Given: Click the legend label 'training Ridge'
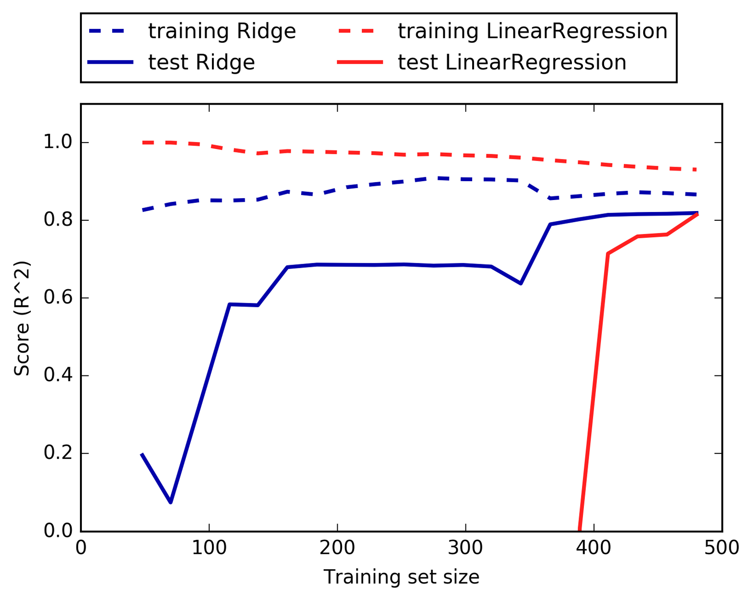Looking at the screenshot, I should click(222, 32).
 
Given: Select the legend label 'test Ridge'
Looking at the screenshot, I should click(201, 63).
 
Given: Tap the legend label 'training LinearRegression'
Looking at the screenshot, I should click(532, 32).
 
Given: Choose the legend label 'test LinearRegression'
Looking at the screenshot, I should click(512, 63).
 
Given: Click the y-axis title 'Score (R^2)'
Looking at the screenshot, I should click(22, 318).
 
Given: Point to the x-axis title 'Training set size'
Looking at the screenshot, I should click(401, 577).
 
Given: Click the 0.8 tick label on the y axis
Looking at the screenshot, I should click(57, 221).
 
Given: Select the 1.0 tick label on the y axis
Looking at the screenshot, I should click(57, 143).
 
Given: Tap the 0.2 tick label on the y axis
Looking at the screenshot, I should click(57, 454).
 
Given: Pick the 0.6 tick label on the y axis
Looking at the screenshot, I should click(57, 298).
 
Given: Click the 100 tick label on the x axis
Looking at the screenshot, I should click(209, 548).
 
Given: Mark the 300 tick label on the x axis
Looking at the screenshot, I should click(465, 548).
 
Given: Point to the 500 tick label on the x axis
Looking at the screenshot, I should click(722, 548).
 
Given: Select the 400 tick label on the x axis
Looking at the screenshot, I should click(594, 548).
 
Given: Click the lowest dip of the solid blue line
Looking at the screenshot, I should click(171, 502).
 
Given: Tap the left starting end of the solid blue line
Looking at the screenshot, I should click(142, 454).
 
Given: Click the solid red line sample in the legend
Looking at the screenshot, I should click(360, 63).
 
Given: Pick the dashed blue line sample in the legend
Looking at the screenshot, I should click(111, 32).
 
